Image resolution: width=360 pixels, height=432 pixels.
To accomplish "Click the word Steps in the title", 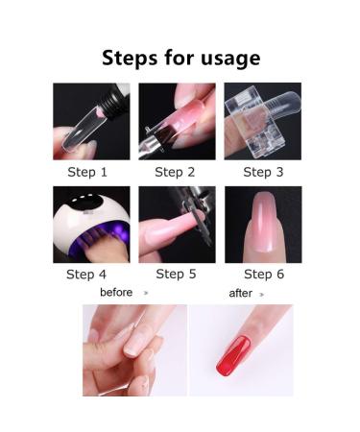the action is (130, 58).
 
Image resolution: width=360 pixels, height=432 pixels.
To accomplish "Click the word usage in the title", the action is (230, 60).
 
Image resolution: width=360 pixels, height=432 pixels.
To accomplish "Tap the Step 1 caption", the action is (87, 172).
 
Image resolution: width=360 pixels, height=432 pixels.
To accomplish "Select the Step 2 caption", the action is (175, 172).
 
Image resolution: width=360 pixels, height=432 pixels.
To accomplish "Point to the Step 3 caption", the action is (263, 172).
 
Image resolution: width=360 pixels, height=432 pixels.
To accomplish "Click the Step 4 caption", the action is (86, 275).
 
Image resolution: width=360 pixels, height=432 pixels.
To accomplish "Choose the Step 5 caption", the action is (176, 274).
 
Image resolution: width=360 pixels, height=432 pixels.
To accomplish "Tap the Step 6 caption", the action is (264, 274).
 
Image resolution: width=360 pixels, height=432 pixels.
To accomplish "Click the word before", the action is (116, 292).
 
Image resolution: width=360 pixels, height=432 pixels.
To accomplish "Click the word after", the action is (241, 293).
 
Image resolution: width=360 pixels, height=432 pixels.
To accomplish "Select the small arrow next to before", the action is (146, 293).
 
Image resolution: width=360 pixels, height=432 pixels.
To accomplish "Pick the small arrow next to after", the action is (261, 295).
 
